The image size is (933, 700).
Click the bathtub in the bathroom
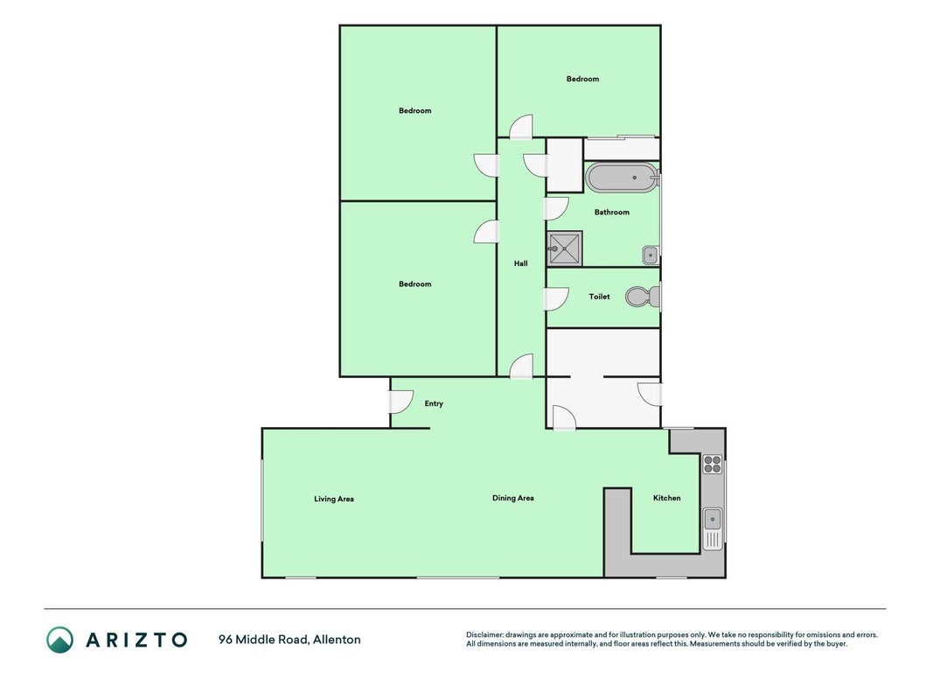coord(622,178)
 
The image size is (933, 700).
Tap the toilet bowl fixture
coord(643,297)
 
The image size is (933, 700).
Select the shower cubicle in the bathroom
coord(565,248)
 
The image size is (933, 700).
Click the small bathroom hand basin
coord(650,255)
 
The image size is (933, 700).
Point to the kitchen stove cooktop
coord(713,464)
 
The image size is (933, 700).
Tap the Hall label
coord(520,263)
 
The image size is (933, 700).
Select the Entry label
coord(434,403)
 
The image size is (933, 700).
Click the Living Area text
coord(334,499)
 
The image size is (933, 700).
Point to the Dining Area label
coord(513,498)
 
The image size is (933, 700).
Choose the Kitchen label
coord(666,498)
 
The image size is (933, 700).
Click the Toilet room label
coord(599,297)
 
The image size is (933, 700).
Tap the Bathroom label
coord(612,212)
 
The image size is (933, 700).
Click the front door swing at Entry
coord(401,402)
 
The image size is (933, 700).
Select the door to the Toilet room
coord(556,298)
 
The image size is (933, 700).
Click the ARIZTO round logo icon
coord(60,640)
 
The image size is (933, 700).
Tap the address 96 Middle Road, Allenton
coord(289,640)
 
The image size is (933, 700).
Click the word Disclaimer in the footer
coord(484,635)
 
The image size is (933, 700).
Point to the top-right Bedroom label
coord(582,79)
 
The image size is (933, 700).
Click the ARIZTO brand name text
coord(137,640)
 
